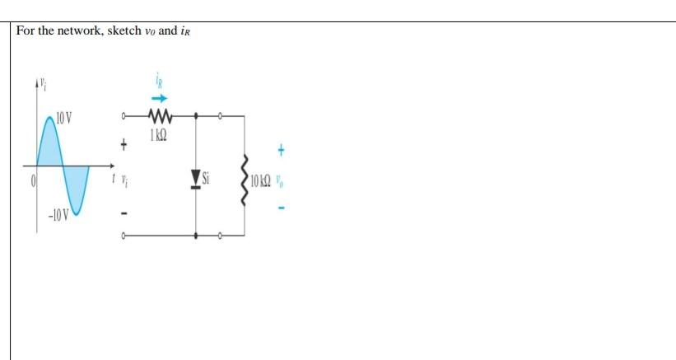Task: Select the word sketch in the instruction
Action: click(x=122, y=30)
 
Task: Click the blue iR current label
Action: click(x=157, y=81)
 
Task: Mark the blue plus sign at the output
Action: click(x=282, y=151)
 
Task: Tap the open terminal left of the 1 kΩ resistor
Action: click(x=124, y=116)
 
